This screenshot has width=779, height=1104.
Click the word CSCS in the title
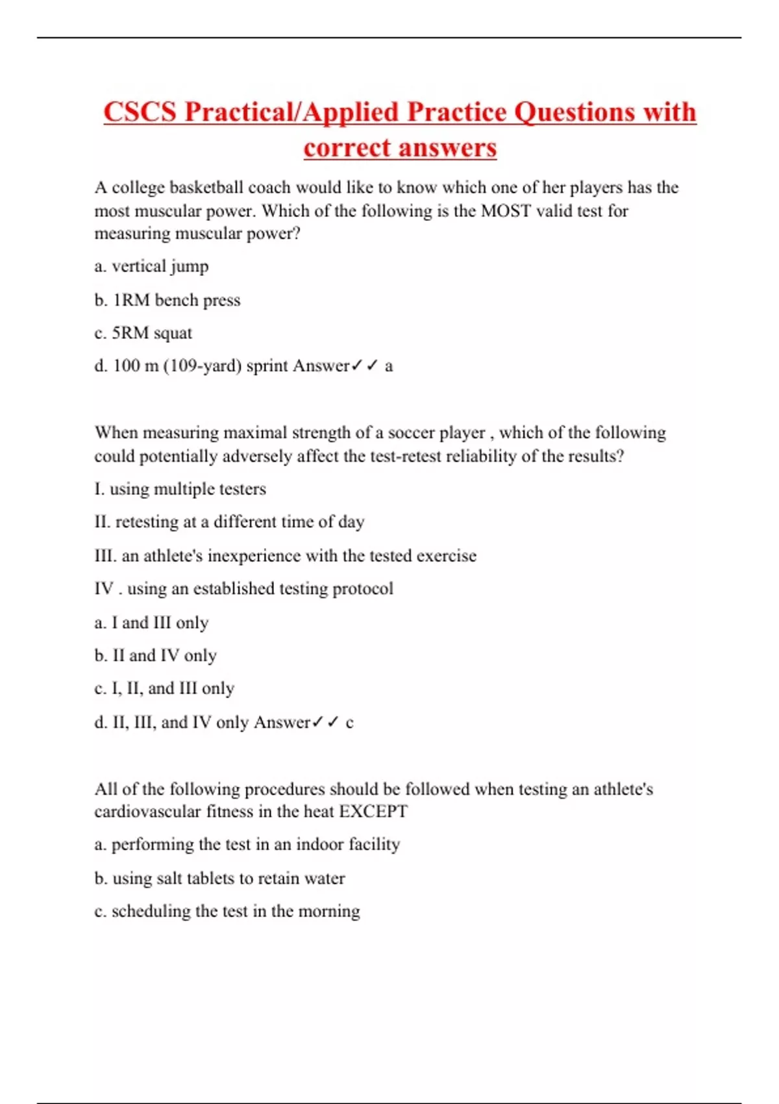(140, 112)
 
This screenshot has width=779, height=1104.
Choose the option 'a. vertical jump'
(151, 266)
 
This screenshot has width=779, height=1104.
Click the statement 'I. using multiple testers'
(180, 489)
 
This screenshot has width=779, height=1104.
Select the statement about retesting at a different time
(229, 522)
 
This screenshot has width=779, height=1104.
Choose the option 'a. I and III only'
(151, 623)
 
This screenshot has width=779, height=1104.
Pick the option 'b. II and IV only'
(155, 656)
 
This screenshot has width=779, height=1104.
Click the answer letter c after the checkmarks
(350, 723)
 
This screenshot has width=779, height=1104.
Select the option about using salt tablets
(219, 879)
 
